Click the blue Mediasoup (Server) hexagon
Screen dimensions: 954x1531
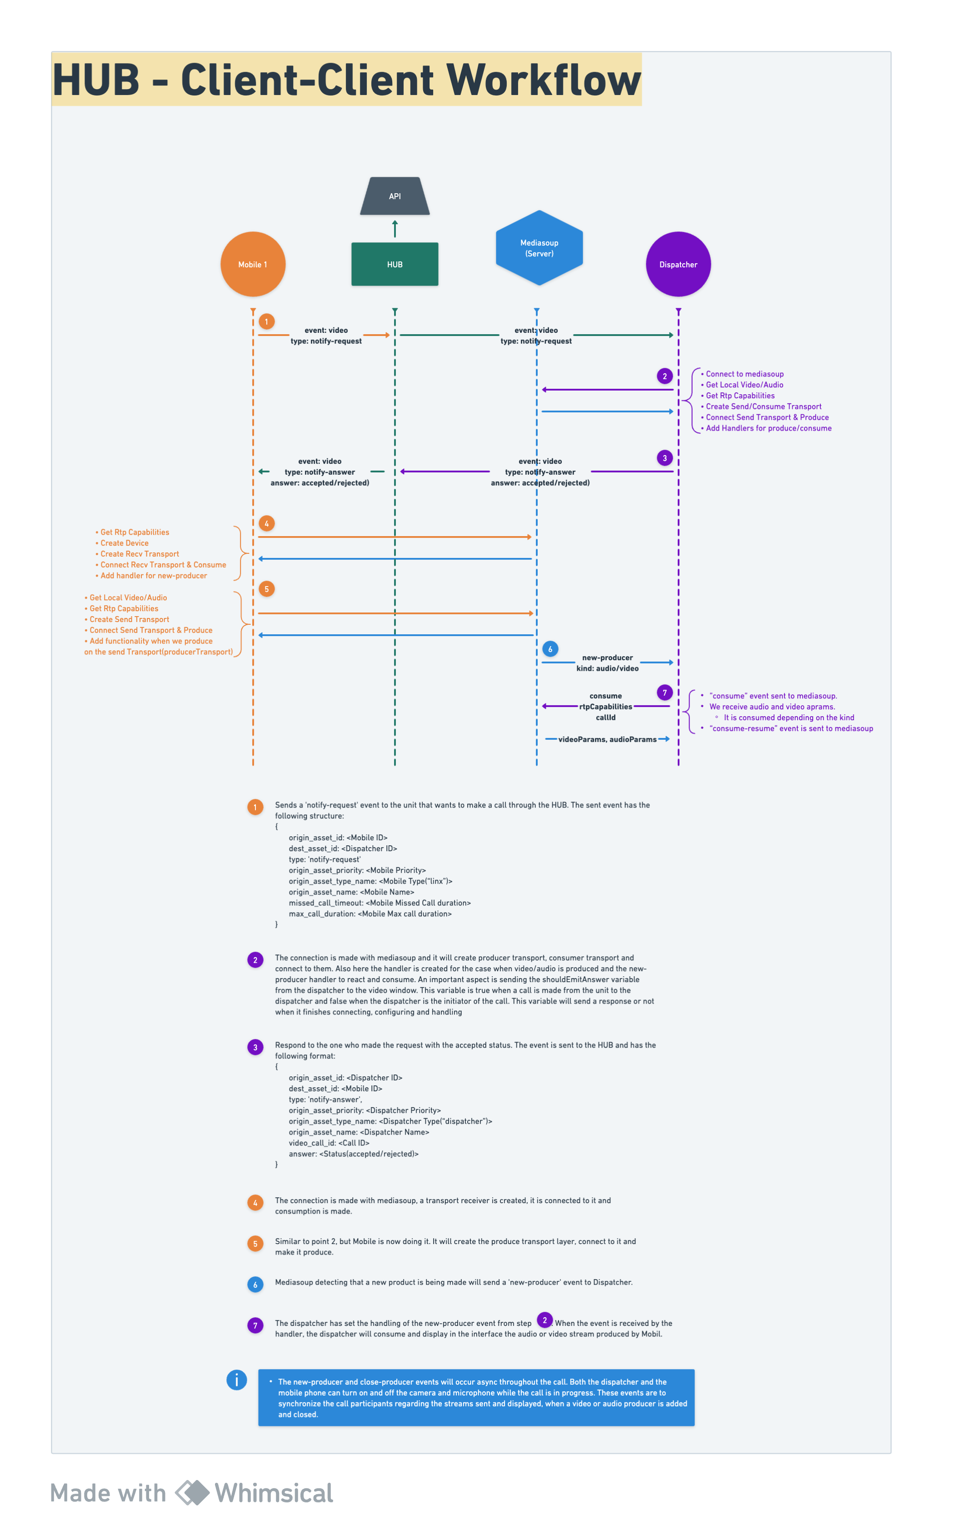539,247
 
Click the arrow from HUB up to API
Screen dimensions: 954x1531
395,228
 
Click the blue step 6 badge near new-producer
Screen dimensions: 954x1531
550,649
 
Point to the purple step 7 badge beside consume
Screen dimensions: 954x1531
664,693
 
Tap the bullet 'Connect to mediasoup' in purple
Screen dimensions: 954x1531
742,374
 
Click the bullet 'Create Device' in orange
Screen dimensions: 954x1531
122,543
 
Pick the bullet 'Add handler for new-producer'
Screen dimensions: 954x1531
151,576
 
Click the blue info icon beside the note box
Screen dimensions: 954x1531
237,1380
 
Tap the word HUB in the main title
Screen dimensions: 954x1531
96,80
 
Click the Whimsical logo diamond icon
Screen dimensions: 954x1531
192,1492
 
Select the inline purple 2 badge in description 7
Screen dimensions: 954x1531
544,1320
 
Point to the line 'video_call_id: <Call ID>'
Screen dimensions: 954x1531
329,1143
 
